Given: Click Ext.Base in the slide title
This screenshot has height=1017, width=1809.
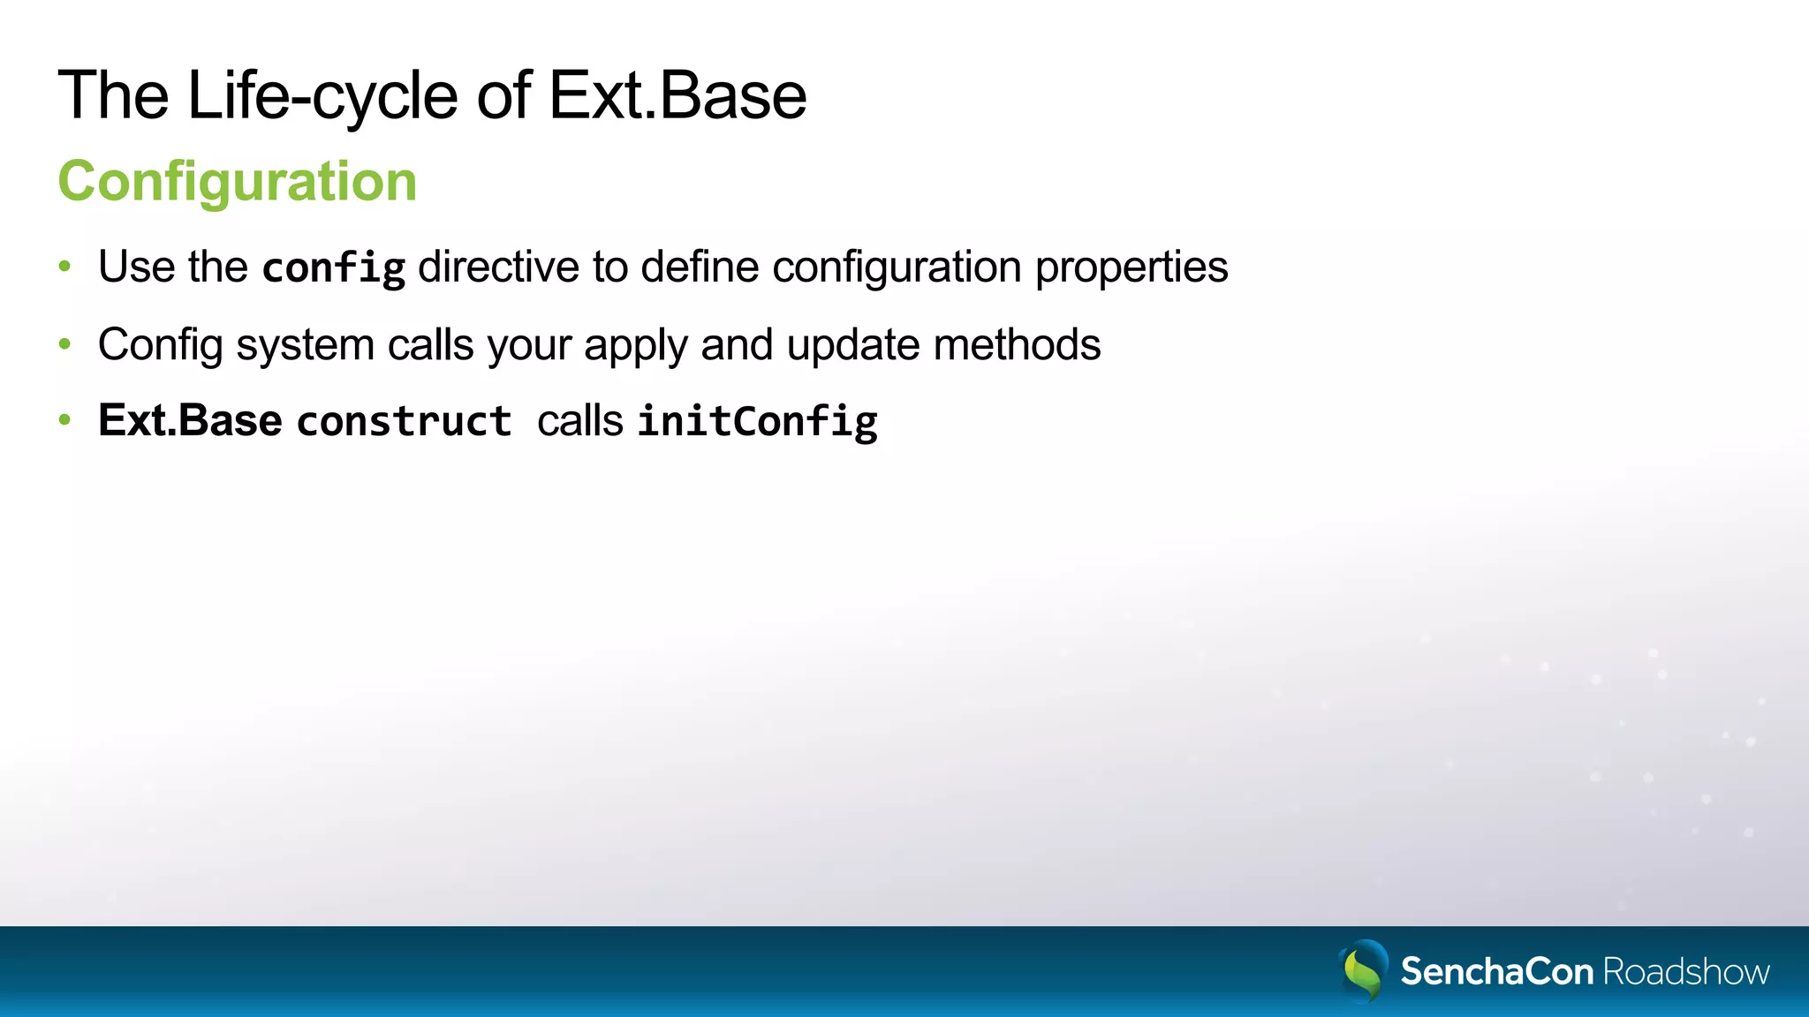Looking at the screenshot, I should [677, 95].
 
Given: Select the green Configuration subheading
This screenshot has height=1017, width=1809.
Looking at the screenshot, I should [237, 181].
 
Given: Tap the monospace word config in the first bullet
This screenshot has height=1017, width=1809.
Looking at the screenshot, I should [334, 267].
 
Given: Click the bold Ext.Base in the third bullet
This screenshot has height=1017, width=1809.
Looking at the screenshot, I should [190, 420].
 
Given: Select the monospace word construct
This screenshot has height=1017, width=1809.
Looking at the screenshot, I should [405, 421].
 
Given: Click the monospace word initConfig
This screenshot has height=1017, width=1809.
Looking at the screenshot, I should [758, 421].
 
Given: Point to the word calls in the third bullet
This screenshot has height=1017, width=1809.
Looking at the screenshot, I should [580, 420].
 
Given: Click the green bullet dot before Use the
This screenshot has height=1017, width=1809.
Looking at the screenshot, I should [64, 266].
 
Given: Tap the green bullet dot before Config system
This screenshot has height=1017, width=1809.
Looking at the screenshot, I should [64, 343].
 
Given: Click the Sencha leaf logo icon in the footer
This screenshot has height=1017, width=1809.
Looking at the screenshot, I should [1363, 970].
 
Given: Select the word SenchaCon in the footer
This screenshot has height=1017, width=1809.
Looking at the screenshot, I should [1496, 972].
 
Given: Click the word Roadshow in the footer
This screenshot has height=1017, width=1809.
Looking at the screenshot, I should [1686, 972].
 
